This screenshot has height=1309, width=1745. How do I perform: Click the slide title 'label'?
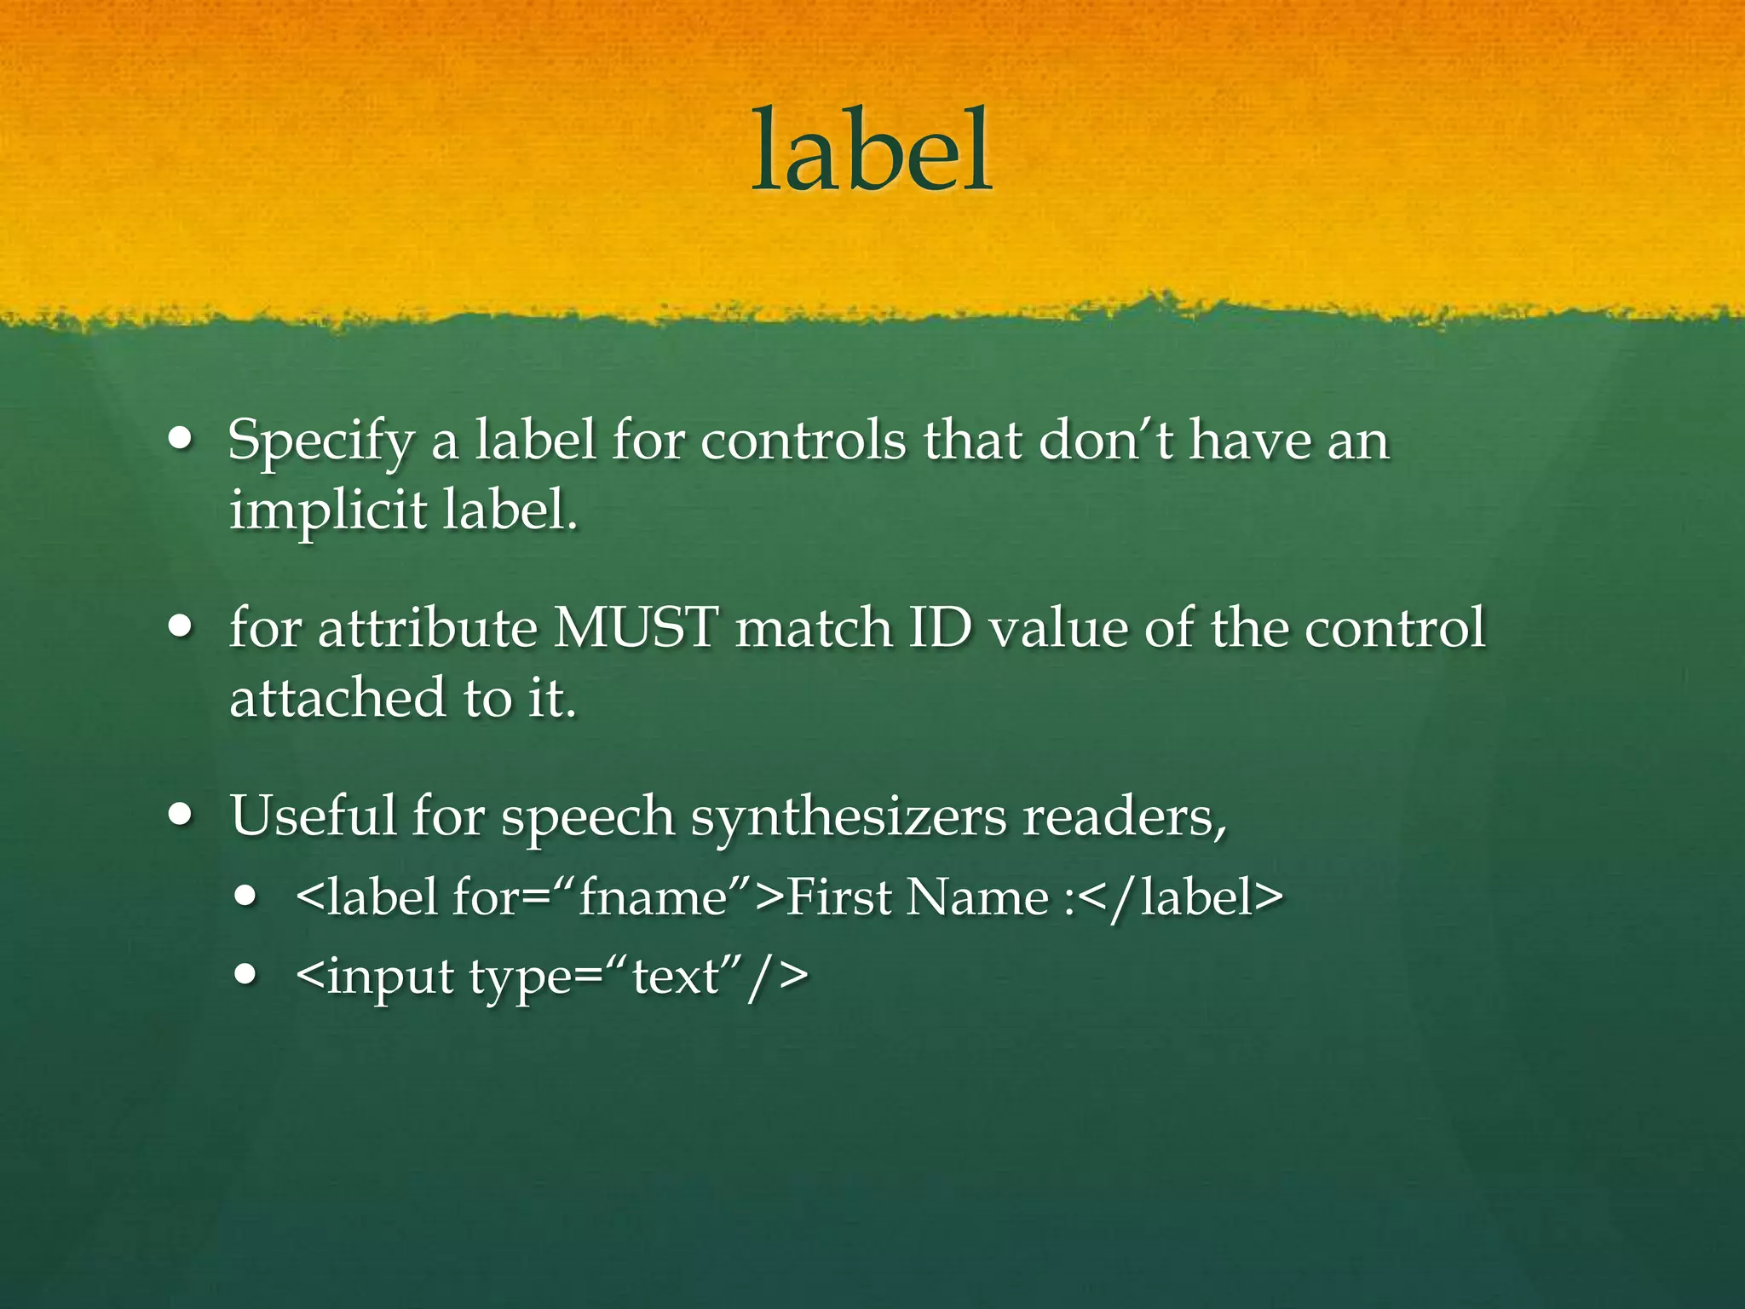[871, 151]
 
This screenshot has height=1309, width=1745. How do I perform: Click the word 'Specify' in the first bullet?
[320, 442]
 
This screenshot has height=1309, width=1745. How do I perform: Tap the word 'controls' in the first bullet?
[803, 441]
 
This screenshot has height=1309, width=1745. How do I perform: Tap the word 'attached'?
[337, 697]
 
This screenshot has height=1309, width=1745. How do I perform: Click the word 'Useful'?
[313, 815]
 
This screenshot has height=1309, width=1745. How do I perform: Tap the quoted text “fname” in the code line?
[653, 897]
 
